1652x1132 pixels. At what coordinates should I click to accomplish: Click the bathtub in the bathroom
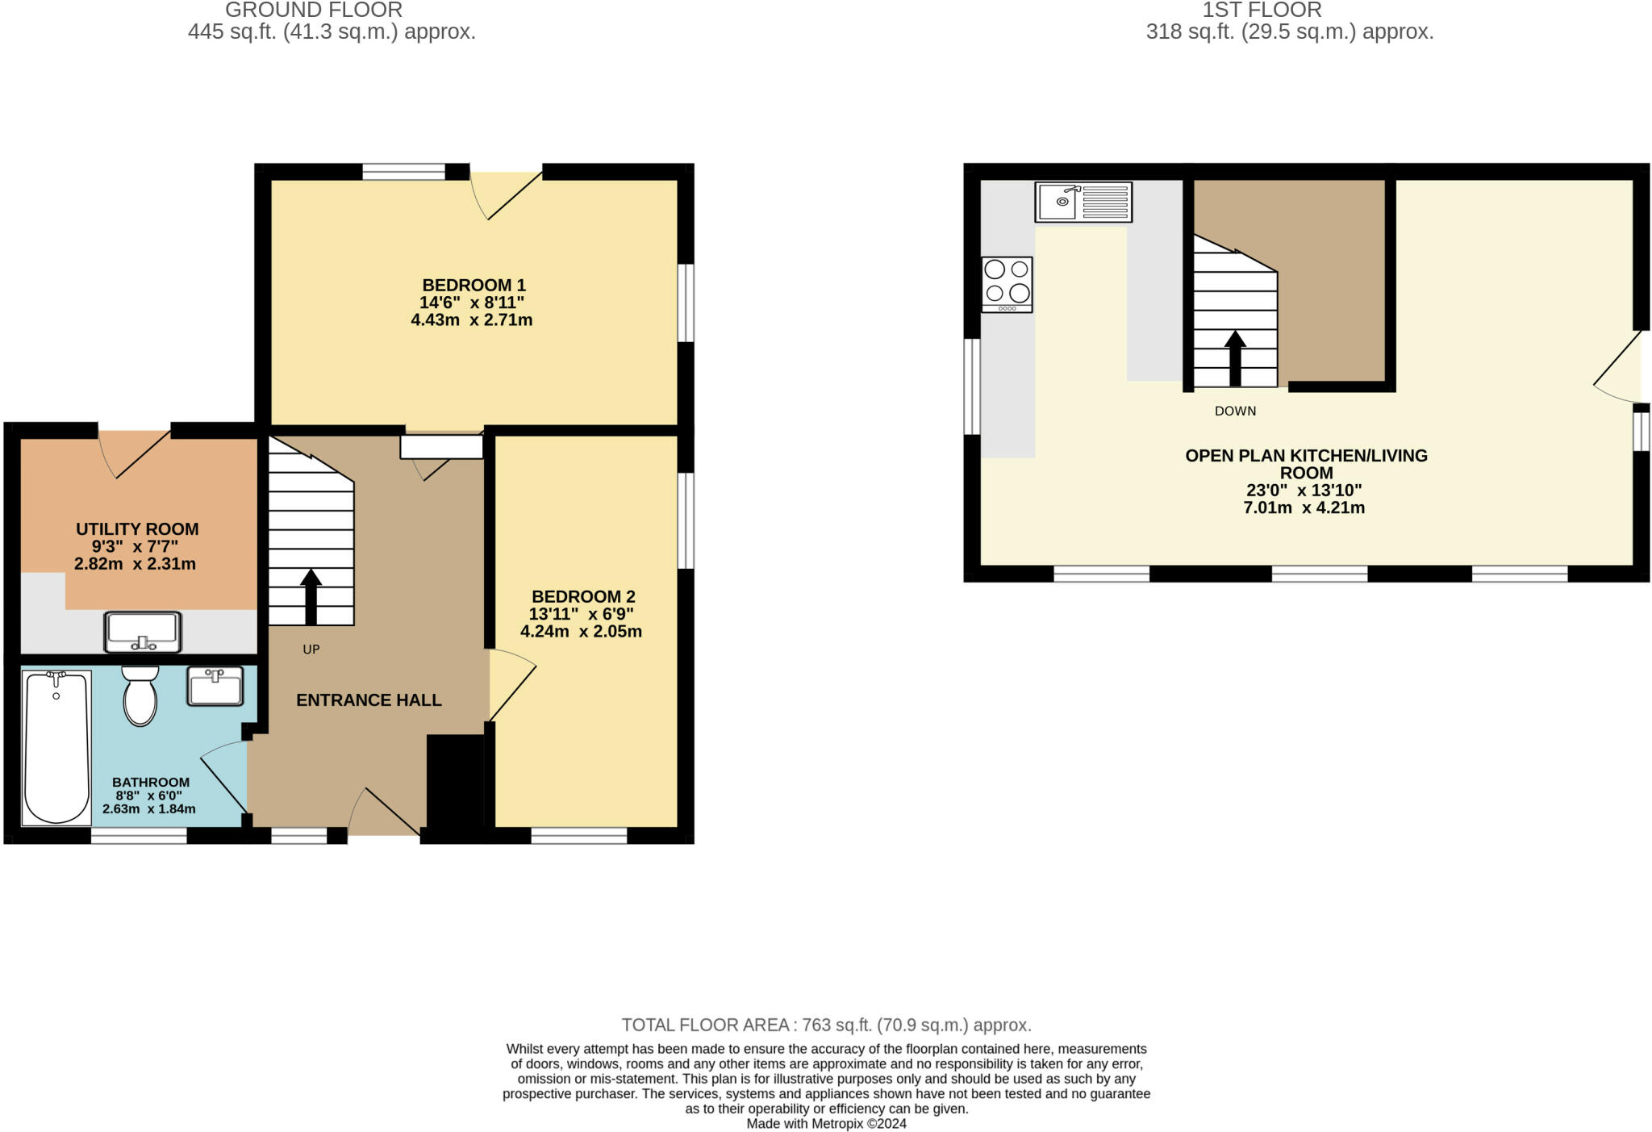(x=56, y=747)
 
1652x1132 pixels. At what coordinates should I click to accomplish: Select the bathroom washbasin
(x=215, y=686)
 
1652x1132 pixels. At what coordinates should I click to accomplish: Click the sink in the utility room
(x=143, y=631)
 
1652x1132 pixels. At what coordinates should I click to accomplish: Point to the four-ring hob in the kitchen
(x=1007, y=284)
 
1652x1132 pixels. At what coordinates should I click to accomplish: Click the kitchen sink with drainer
(x=1083, y=202)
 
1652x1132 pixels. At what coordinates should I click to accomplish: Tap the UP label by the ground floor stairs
(x=311, y=650)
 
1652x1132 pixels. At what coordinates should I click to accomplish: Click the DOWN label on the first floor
(x=1235, y=411)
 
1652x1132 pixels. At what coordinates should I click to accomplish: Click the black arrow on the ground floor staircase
(x=311, y=596)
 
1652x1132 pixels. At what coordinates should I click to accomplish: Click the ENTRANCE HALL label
(x=369, y=700)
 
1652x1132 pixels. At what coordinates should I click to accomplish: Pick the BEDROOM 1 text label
(x=473, y=285)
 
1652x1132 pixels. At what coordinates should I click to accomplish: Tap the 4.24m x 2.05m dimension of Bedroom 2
(x=581, y=632)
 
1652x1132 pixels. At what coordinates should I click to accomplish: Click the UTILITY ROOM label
(x=137, y=529)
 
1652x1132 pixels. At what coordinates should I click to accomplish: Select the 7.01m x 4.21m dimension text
(x=1304, y=508)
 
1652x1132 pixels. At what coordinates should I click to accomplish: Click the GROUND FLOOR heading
(x=314, y=10)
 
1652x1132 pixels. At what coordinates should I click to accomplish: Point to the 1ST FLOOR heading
(x=1262, y=10)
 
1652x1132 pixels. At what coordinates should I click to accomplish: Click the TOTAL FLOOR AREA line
(x=826, y=1025)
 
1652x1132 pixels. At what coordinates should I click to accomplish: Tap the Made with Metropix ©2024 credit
(x=826, y=1123)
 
